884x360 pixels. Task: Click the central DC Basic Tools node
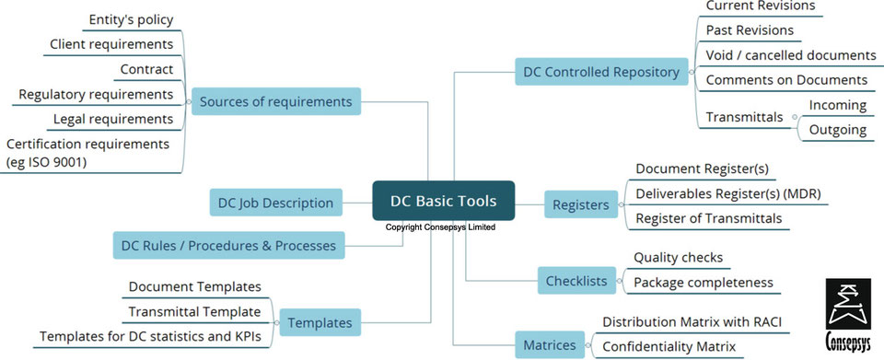point(443,201)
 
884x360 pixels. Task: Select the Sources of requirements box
point(275,101)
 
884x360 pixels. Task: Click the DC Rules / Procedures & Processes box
point(229,246)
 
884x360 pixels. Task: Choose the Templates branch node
point(319,322)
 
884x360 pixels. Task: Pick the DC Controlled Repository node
point(600,72)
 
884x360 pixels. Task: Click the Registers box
point(580,205)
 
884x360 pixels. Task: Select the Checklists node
point(576,280)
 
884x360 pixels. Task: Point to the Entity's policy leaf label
point(131,19)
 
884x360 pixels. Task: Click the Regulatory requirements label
point(96,94)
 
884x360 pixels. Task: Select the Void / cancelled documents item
point(790,55)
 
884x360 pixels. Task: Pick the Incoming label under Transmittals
point(837,105)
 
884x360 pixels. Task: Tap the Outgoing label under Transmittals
point(837,130)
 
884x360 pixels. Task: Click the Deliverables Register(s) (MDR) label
point(727,193)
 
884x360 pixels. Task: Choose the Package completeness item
point(703,282)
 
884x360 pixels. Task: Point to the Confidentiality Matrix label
point(669,346)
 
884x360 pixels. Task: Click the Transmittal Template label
point(194,312)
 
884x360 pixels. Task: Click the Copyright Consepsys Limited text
point(440,226)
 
